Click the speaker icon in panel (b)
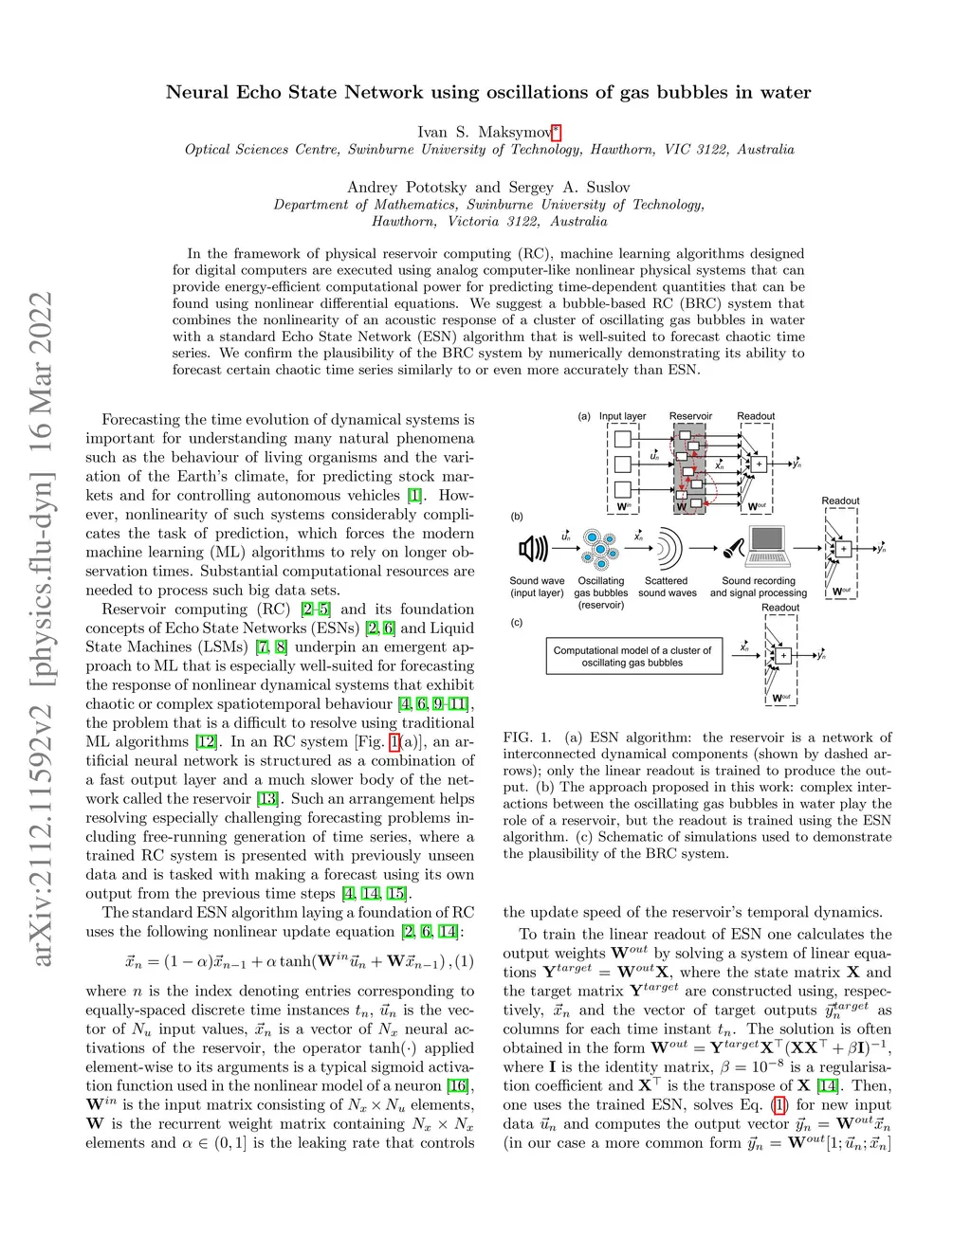[x=533, y=548]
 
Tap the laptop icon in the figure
[x=769, y=547]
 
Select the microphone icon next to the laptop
[x=733, y=548]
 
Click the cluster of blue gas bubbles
[x=599, y=548]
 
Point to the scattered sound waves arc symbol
[x=667, y=548]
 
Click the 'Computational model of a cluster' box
[x=633, y=656]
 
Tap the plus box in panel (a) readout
[x=759, y=464]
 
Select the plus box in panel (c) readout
[x=783, y=655]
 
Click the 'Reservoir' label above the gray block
[x=690, y=416]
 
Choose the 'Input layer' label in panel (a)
[x=622, y=416]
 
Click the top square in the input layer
[x=623, y=439]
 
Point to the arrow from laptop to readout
[x=808, y=548]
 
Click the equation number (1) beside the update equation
[x=465, y=961]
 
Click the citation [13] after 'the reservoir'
[x=267, y=799]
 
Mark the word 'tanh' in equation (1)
[x=295, y=961]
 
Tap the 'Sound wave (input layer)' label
[x=537, y=587]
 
